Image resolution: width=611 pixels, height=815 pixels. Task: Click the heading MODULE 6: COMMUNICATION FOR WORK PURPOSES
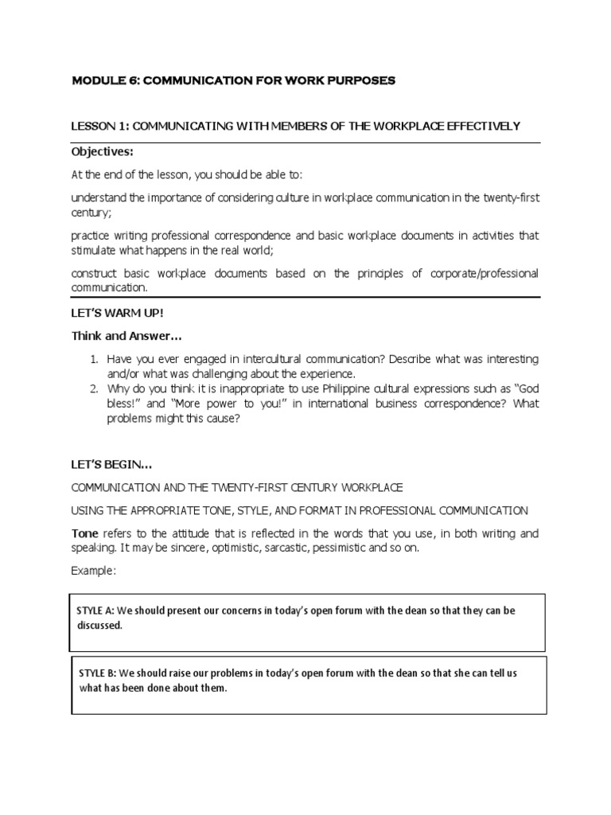[233, 82]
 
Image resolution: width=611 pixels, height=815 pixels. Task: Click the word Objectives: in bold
[100, 151]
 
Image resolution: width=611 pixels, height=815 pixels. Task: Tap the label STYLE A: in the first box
[95, 610]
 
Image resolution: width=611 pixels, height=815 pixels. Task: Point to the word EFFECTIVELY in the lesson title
[481, 126]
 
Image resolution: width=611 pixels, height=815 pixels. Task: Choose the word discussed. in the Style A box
[99, 626]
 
